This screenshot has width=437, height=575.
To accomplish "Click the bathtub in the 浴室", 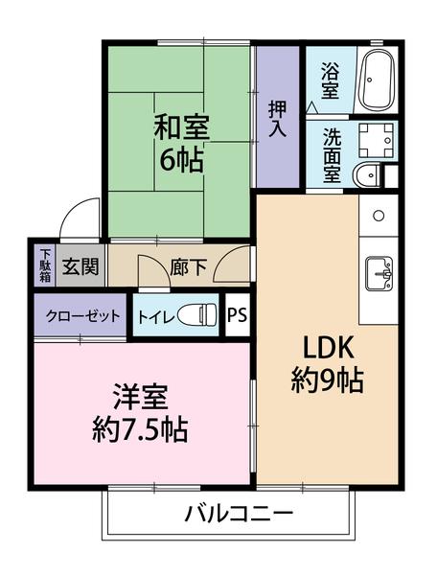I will (377, 80).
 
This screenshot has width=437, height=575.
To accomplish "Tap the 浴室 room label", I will (330, 80).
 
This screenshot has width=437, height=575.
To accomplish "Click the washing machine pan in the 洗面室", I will (378, 140).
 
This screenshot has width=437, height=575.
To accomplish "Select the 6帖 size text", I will (180, 159).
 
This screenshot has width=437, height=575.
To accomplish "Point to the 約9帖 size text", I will (326, 381).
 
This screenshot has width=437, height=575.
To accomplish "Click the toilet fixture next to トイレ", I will (199, 315).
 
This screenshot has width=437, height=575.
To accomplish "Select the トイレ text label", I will (154, 316).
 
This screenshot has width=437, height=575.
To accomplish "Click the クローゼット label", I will (80, 315).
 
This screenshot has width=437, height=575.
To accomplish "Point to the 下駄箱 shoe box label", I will (45, 265).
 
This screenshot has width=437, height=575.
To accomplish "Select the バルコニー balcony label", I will (237, 514).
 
